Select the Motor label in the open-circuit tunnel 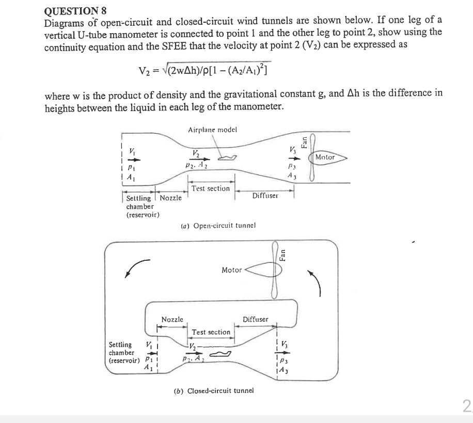pyautogui.click(x=325, y=157)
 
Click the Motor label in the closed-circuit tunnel pyautogui.click(x=231, y=270)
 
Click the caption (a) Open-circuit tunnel pyautogui.click(x=218, y=226)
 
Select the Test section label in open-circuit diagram pyautogui.click(x=211, y=189)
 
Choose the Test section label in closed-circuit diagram pyautogui.click(x=211, y=332)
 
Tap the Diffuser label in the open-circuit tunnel pyautogui.click(x=265, y=196)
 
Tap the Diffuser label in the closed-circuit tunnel pyautogui.click(x=256, y=319)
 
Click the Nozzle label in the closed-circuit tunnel pyautogui.click(x=172, y=320)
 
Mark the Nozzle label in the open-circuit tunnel pyautogui.click(x=170, y=198)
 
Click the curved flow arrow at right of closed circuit pyautogui.click(x=317, y=283)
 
